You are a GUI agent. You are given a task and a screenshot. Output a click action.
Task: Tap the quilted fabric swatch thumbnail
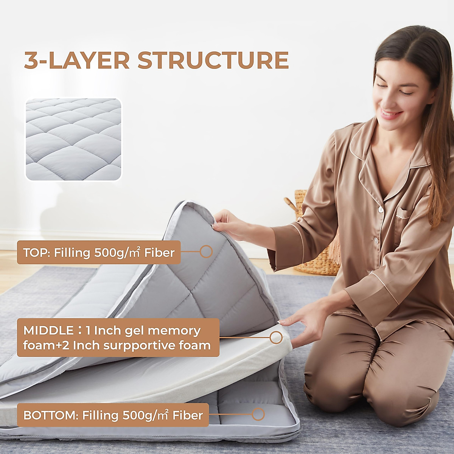[x=73, y=139]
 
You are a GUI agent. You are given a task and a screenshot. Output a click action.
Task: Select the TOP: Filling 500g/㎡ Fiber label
[x=99, y=252]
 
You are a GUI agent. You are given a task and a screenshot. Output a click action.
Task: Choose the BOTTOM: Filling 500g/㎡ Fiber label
[x=113, y=415]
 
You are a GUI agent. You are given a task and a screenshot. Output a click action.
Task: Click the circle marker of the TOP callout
[x=206, y=251]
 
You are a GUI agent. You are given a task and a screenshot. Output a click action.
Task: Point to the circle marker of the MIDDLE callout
[x=277, y=337]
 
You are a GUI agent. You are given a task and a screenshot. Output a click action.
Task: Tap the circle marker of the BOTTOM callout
[x=258, y=414]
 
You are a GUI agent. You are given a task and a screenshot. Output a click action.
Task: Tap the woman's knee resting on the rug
[x=397, y=401]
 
